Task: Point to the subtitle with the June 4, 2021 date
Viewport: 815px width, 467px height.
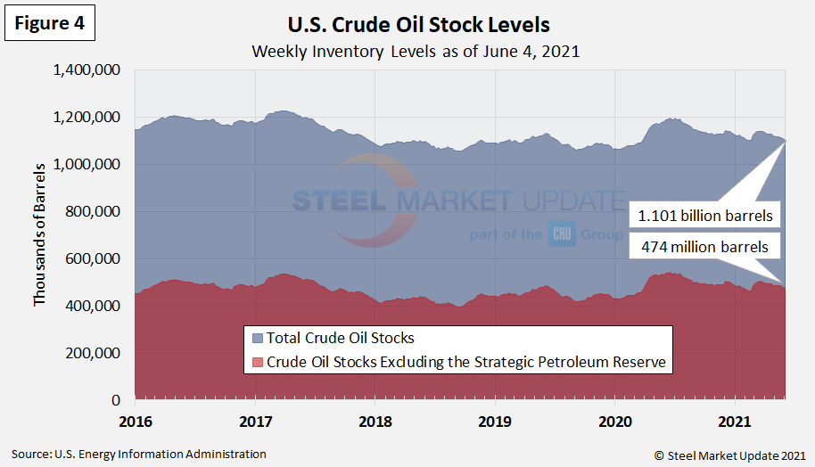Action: tap(416, 51)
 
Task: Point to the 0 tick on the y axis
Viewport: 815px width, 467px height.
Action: tap(117, 400)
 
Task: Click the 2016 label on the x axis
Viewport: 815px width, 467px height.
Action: tap(135, 420)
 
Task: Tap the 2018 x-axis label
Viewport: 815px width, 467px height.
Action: tap(375, 420)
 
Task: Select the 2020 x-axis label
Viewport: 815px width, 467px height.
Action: tap(614, 420)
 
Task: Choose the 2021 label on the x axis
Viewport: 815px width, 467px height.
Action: tap(734, 420)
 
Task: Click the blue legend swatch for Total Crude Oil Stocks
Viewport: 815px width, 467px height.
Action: tap(258, 339)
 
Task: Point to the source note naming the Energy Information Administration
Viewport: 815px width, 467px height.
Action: tap(139, 455)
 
